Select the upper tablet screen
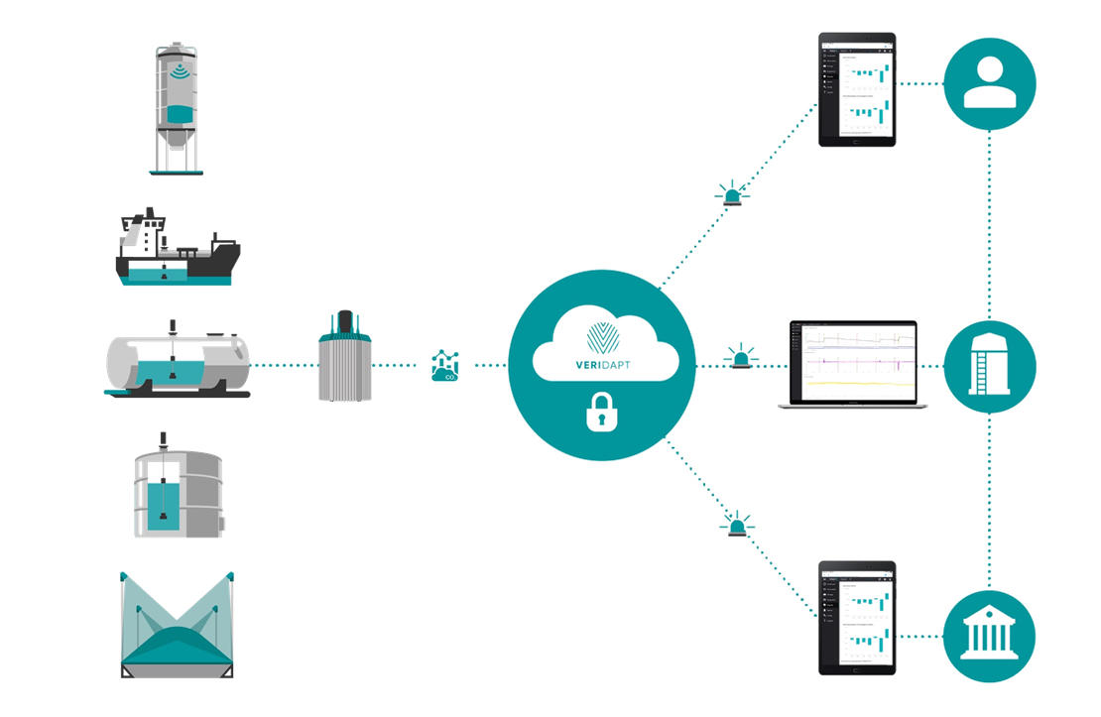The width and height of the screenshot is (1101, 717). [857, 90]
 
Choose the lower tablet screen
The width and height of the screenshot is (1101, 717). [857, 618]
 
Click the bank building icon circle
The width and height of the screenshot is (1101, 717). [990, 633]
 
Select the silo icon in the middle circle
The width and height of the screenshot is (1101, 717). [990, 364]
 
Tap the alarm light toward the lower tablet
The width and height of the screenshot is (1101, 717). [737, 525]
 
